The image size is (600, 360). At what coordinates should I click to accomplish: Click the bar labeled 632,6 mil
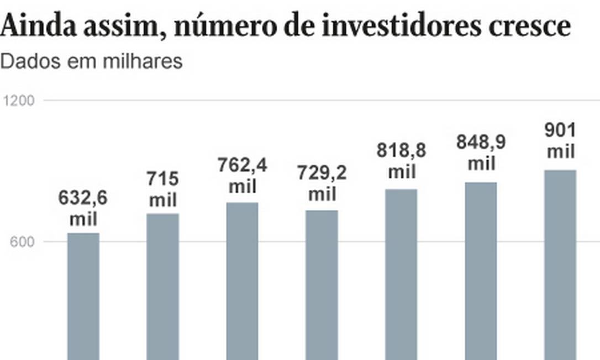[83, 296]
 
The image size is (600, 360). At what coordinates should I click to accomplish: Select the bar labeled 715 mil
[162, 287]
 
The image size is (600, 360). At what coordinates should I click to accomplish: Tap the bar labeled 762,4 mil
[242, 281]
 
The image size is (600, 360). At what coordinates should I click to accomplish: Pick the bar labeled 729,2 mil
[322, 285]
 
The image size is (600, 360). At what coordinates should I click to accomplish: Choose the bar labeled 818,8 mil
[401, 274]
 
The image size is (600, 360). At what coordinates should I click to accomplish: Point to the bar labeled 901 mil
[560, 264]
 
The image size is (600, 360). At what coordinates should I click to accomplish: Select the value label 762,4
[242, 166]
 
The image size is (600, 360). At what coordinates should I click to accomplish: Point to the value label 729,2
[322, 173]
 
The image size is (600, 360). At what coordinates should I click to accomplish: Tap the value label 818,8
[401, 151]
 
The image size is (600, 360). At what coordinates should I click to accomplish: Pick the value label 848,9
[481, 142]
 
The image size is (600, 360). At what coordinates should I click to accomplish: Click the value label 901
[560, 130]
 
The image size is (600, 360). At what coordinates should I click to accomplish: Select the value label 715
[162, 179]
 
